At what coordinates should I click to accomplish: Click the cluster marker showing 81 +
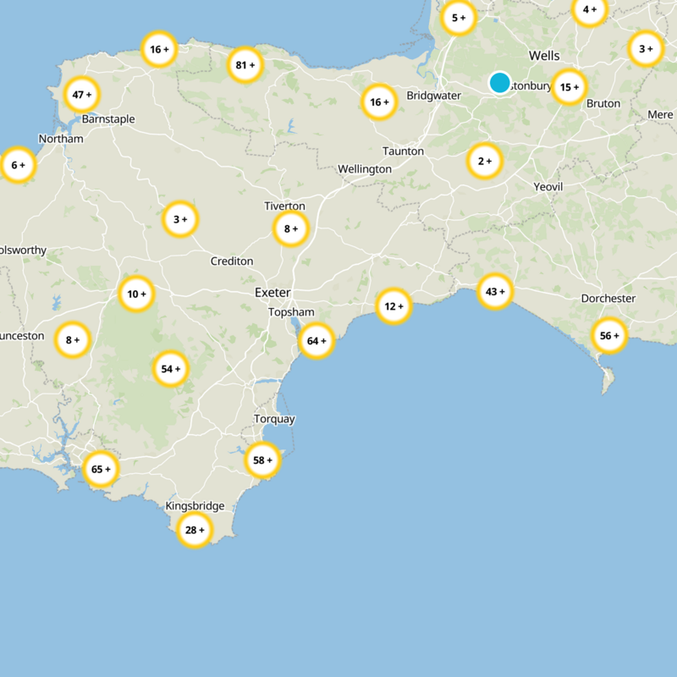click(245, 65)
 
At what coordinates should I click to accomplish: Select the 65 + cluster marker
click(101, 469)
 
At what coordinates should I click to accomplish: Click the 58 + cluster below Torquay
click(262, 460)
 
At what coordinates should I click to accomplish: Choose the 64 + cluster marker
click(316, 341)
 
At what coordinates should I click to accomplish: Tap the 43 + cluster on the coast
click(495, 292)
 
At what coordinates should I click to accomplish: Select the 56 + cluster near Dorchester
click(609, 336)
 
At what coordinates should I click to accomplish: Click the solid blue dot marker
click(499, 83)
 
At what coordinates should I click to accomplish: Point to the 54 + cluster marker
click(171, 369)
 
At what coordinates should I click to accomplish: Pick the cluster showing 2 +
click(485, 161)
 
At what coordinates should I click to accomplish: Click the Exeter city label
click(272, 293)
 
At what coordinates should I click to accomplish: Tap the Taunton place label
click(403, 151)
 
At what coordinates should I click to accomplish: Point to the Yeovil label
click(548, 186)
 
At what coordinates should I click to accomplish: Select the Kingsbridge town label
click(195, 506)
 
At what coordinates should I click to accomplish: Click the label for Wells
click(544, 56)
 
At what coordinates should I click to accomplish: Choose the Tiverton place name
click(284, 206)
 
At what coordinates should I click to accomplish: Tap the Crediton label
click(231, 261)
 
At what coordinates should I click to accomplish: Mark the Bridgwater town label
click(434, 96)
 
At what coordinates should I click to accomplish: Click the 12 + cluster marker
click(394, 305)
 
